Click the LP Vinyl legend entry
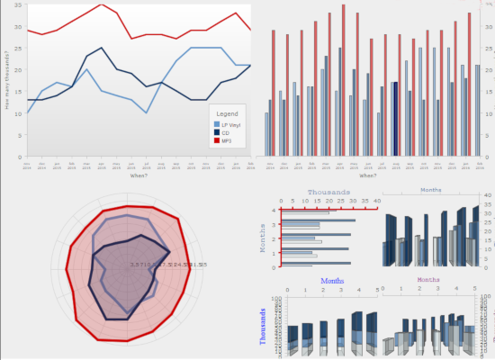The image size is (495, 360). click(x=230, y=124)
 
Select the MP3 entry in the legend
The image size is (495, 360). click(x=226, y=140)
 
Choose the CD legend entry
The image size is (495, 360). click(x=224, y=132)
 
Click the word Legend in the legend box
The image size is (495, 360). click(x=228, y=114)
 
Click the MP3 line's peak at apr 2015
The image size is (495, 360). click(x=102, y=4)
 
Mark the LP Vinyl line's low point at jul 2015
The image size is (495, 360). click(x=146, y=112)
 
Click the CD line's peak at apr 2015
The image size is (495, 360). click(x=102, y=48)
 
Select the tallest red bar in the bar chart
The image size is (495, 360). click(x=343, y=5)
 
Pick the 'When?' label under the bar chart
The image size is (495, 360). click(x=368, y=175)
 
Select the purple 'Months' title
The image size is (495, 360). click(x=428, y=281)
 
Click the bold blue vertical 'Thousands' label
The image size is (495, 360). click(x=263, y=326)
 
